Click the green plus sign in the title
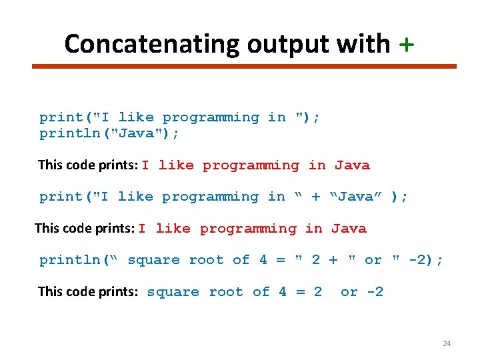pyautogui.click(x=406, y=44)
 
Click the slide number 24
pyautogui.click(x=447, y=343)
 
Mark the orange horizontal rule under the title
pyautogui.click(x=245, y=66)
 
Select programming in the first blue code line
pyautogui.click(x=211, y=117)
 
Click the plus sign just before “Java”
pyautogui.click(x=316, y=197)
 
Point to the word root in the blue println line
pyautogui.click(x=207, y=260)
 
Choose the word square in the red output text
pyautogui.click(x=173, y=292)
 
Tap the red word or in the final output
pyautogui.click(x=349, y=292)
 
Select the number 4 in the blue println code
pyautogui.click(x=263, y=260)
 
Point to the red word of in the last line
pyautogui.click(x=261, y=292)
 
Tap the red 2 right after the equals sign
pyautogui.click(x=318, y=292)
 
